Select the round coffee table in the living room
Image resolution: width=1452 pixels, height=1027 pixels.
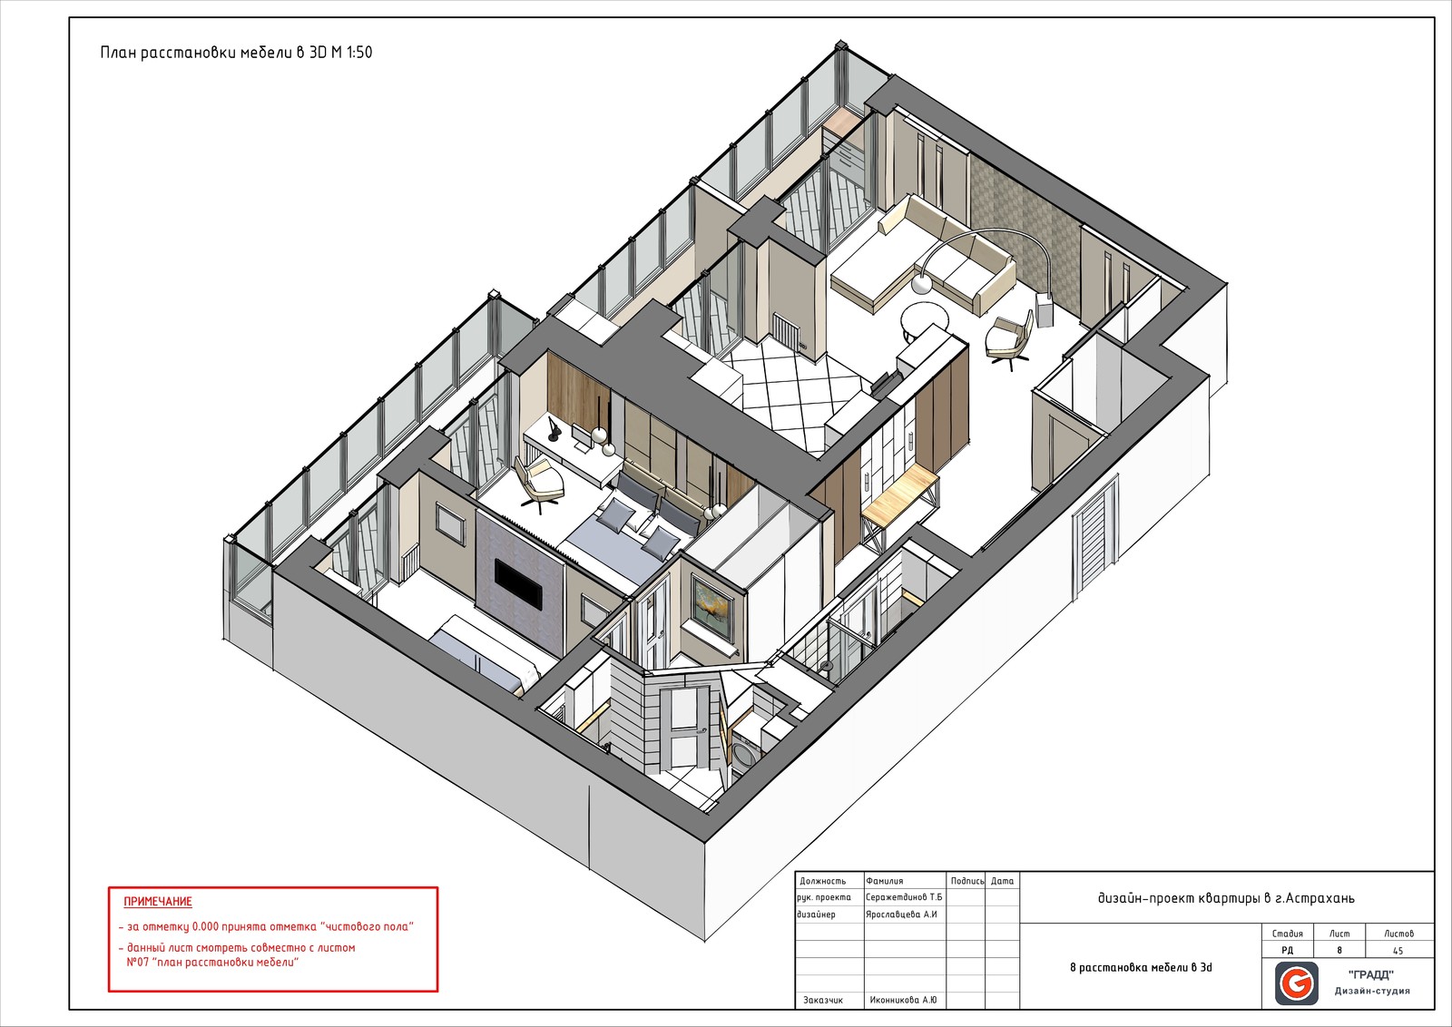click(925, 322)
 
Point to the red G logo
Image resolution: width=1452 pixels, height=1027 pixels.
click(1297, 983)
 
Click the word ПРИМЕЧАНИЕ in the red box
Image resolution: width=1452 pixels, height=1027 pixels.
click(158, 901)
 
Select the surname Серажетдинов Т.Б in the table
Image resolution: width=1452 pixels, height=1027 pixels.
click(904, 897)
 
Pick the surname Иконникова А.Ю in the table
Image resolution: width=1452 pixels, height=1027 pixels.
click(903, 1001)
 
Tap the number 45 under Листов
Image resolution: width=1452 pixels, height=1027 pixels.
click(1398, 951)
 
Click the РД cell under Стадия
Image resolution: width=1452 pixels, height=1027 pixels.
click(1288, 951)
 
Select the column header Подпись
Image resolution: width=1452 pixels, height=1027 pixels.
click(967, 881)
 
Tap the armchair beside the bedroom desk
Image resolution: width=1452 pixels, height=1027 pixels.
click(539, 483)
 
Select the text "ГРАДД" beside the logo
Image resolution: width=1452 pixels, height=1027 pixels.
click(1371, 975)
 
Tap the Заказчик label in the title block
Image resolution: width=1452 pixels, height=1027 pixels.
click(822, 1001)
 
